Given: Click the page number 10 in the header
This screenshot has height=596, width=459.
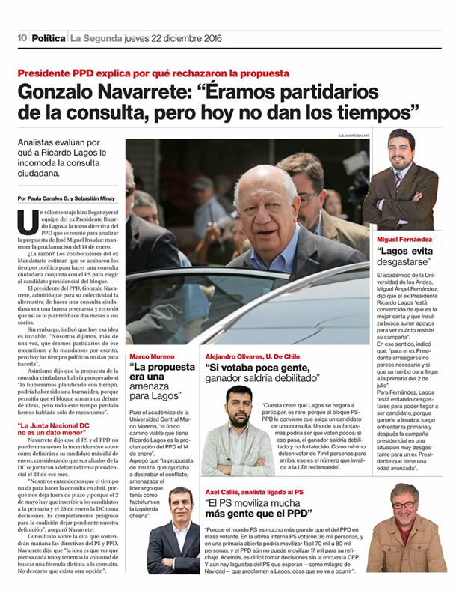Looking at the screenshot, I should click(x=22, y=37).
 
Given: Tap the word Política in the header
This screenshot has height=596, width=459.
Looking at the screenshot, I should click(x=49, y=37).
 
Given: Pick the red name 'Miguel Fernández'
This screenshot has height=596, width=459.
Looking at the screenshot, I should click(x=407, y=239).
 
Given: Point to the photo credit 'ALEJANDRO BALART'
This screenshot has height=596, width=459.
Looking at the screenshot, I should click(x=350, y=136).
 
